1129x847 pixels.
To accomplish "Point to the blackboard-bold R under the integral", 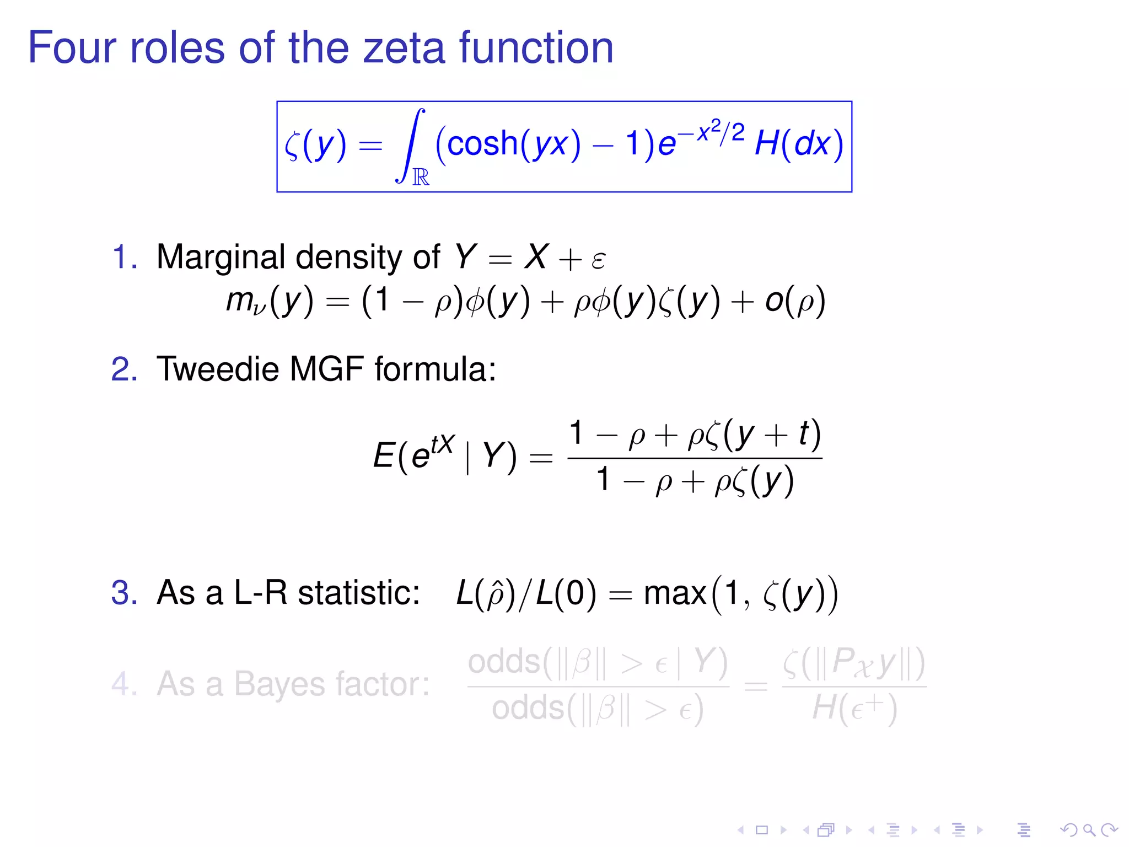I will (421, 177).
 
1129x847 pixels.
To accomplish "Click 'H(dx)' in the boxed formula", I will (798, 144).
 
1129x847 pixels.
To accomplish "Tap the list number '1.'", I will (125, 257).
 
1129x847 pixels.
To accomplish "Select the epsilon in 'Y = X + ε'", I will (598, 259).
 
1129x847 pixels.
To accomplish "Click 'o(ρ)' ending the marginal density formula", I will (794, 302).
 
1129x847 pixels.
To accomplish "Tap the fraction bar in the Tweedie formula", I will (695, 458).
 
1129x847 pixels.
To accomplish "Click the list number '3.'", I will (125, 593).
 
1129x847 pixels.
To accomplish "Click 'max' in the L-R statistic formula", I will (675, 594).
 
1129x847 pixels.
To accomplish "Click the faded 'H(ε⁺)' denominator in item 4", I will (854, 708).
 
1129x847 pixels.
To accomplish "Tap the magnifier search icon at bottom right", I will (1088, 830).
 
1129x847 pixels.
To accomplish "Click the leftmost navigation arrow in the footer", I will (741, 830).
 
